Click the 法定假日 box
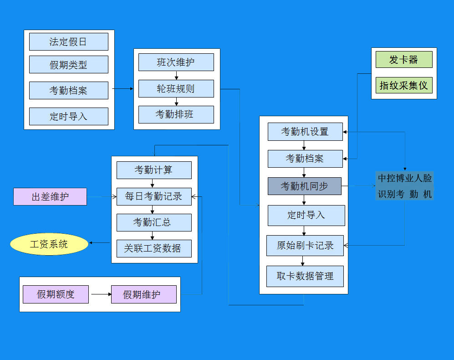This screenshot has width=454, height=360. pos(68,42)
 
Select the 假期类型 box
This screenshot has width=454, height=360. pos(68,65)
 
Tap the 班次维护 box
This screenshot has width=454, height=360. pos(176,62)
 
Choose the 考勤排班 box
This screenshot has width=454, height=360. pos(176,114)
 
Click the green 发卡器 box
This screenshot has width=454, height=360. pos(403,60)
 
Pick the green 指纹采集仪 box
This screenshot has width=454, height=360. pos(403,85)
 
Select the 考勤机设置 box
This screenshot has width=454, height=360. pos(305,132)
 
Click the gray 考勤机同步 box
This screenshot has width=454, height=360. pos(304,186)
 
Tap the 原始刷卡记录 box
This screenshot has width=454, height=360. pos(305,245)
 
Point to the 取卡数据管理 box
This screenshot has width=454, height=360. pos(305,276)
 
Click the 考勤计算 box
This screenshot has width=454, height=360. pos(153,170)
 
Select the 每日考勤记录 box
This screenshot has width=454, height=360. pos(153,196)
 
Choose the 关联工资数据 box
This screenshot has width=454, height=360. pos(153,248)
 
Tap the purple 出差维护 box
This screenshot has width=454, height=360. pos(50,197)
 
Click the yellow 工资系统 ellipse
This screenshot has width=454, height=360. pos(49,244)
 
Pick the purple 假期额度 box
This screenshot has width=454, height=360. pos(56,294)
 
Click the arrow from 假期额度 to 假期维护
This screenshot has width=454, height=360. pos(100,294)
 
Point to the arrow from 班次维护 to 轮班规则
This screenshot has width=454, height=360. pos(176,75)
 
